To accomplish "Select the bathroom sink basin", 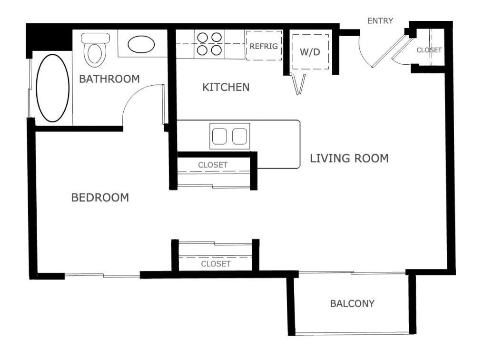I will pos(141,46).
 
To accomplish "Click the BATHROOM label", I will pos(109,79).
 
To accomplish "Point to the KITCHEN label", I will pos(226,87).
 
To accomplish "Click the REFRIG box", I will pos(264,47).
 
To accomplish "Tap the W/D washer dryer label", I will pos(310,52).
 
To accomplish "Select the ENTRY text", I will pos(380,21).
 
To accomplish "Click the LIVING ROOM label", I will pos(349,158).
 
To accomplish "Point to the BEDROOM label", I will pos(100,197).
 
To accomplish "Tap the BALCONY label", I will pos(352,303).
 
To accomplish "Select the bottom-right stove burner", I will pos(217,50).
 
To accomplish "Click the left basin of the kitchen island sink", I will pos(219,136).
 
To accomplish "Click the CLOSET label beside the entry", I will pos(429,50).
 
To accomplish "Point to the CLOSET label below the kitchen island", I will pos(213,165).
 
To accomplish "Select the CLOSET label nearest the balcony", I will pos(216,263).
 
